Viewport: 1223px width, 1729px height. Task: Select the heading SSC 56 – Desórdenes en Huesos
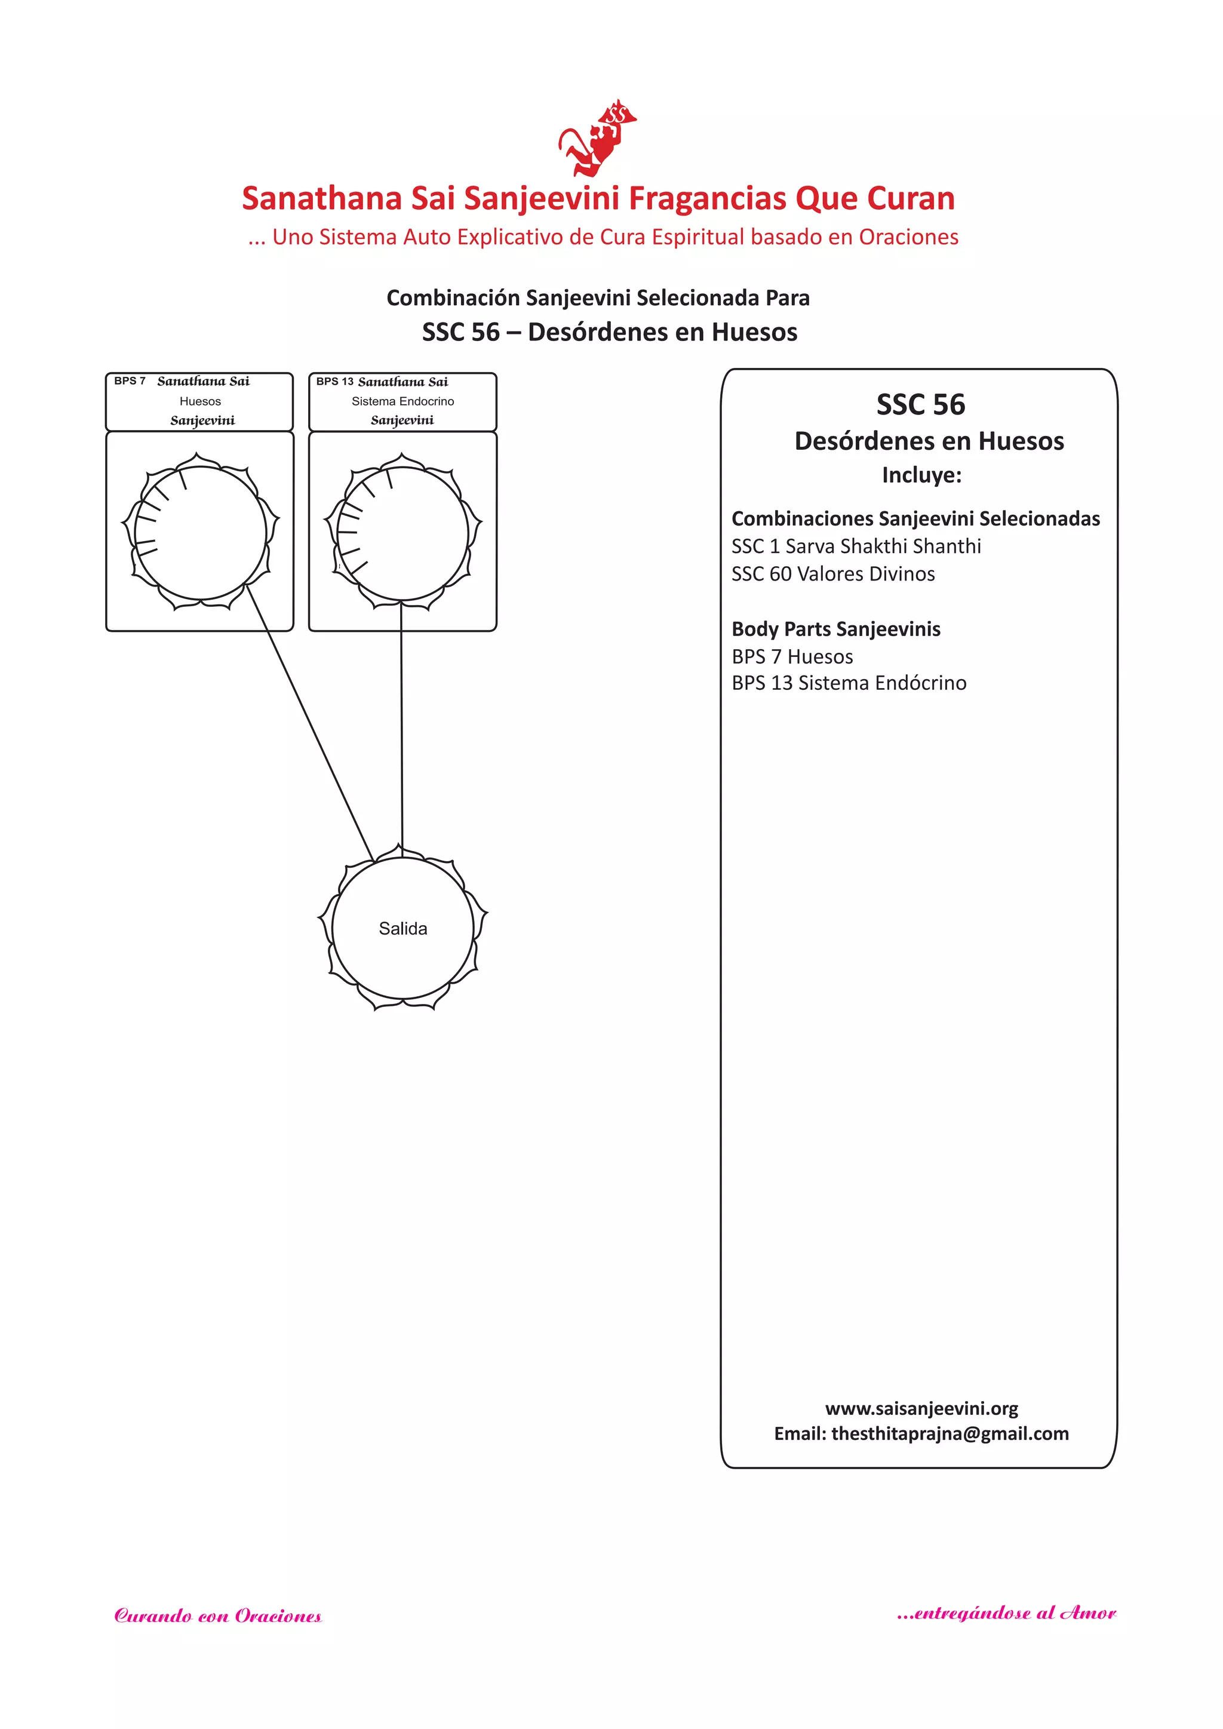click(x=609, y=332)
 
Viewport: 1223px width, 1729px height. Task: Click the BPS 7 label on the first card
click(x=130, y=381)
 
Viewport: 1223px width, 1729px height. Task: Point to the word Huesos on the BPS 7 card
click(x=200, y=401)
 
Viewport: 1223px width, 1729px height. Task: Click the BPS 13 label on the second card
click(x=334, y=382)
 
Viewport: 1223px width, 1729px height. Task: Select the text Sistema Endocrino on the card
click(x=403, y=401)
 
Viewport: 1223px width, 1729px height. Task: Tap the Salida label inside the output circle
click(x=403, y=929)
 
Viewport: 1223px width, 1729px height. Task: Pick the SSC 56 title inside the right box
click(x=920, y=405)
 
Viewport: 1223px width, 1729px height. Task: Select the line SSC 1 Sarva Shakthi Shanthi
click(x=856, y=546)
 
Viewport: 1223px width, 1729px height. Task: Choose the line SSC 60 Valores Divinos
click(x=833, y=574)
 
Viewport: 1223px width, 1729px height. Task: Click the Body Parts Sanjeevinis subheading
click(x=836, y=629)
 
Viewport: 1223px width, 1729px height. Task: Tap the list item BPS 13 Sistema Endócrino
click(x=849, y=683)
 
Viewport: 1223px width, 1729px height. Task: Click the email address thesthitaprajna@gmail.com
click(x=949, y=1434)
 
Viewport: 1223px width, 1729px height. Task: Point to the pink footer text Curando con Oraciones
click(x=217, y=1616)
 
